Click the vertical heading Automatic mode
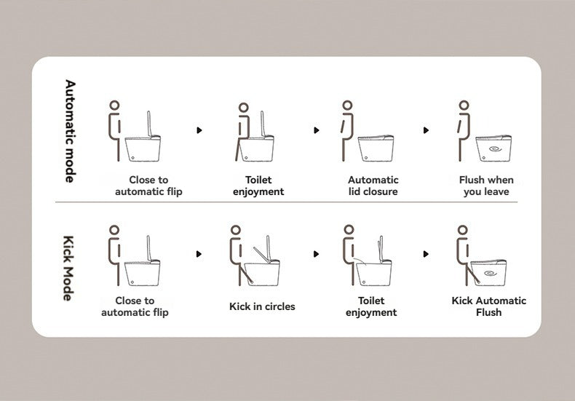pos(69,131)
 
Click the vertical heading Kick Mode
pos(69,268)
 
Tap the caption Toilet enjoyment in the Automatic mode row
pos(258,186)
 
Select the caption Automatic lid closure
pos(373,186)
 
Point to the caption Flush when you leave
pos(486,186)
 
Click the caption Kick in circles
pos(262,306)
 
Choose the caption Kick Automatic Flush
pos(488,306)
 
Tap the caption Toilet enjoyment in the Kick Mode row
pos(371,306)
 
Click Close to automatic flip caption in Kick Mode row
pos(135,306)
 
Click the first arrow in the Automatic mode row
pos(199,130)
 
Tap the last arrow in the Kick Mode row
pos(426,254)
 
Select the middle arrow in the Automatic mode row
pos(316,130)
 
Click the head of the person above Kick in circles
pos(235,230)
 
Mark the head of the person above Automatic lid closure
pos(347,106)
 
